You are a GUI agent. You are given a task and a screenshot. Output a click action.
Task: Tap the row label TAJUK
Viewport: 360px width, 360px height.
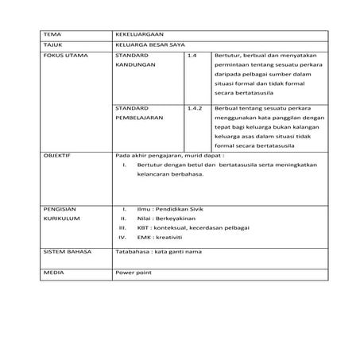pos(52,46)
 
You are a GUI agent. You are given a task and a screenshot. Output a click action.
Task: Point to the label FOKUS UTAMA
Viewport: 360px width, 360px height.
pos(62,57)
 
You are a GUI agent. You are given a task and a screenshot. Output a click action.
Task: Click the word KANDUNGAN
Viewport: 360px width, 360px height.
pos(134,69)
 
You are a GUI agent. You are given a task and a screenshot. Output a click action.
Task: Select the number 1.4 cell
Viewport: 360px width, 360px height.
pos(192,57)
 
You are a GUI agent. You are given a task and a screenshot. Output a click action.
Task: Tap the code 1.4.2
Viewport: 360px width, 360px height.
pos(195,106)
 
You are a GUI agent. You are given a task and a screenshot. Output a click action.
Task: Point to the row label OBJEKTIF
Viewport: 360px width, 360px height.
pos(57,157)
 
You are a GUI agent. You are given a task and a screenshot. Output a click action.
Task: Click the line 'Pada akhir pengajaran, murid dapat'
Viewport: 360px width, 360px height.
pos(168,157)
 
